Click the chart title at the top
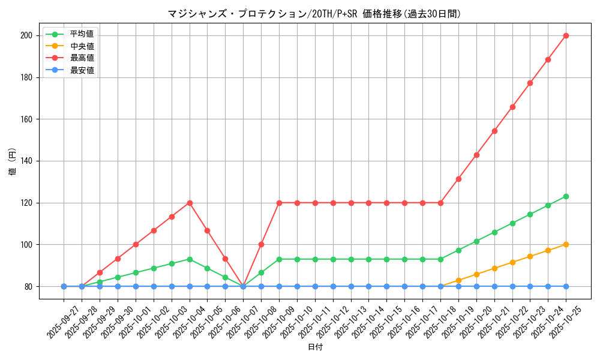[314, 14]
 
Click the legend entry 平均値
[82, 34]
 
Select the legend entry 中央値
[82, 46]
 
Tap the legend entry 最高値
[82, 58]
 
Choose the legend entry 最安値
[82, 70]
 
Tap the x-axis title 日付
[314, 347]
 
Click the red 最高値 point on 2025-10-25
[566, 35]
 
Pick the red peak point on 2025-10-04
[190, 203]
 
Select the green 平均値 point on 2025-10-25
[566, 196]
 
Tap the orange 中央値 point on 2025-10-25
[566, 244]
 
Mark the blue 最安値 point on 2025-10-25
[566, 286]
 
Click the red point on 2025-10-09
[279, 203]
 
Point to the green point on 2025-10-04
[190, 259]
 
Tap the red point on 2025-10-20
[476, 155]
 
